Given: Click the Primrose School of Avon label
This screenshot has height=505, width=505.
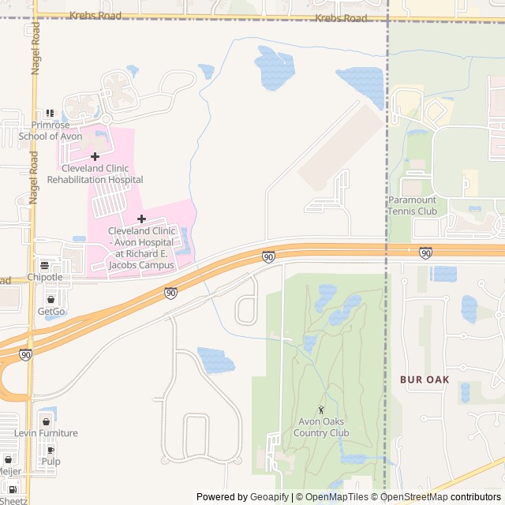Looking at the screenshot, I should click(x=50, y=130).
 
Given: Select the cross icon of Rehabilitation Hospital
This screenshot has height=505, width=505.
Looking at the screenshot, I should click(x=95, y=156).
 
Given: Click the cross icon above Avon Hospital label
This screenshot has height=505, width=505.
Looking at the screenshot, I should click(x=141, y=218).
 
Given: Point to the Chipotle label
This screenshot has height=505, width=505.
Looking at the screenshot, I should click(x=44, y=277).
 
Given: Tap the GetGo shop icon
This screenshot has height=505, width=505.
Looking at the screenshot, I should click(x=51, y=300).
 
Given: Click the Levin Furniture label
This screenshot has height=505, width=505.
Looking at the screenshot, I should click(x=46, y=432).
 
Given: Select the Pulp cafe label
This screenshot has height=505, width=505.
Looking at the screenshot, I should click(x=50, y=461).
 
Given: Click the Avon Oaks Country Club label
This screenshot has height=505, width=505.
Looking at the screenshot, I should click(x=321, y=427).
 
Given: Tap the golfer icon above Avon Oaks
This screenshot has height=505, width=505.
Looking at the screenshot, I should click(x=321, y=409).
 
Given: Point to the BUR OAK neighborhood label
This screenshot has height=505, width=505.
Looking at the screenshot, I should click(x=425, y=380).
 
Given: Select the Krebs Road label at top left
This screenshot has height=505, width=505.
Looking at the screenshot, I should click(x=95, y=15).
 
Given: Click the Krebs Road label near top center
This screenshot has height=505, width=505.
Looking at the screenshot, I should click(x=341, y=17).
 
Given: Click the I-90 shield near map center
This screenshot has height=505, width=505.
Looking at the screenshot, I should click(x=268, y=256).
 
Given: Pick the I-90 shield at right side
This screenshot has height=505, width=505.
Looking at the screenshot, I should click(x=425, y=252).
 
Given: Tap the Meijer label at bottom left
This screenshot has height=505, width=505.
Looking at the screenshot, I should click(x=9, y=471).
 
